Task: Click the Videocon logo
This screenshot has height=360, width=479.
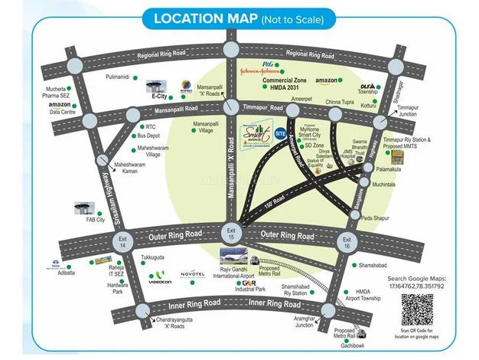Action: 159,274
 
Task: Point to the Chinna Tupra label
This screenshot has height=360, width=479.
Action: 342,101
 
